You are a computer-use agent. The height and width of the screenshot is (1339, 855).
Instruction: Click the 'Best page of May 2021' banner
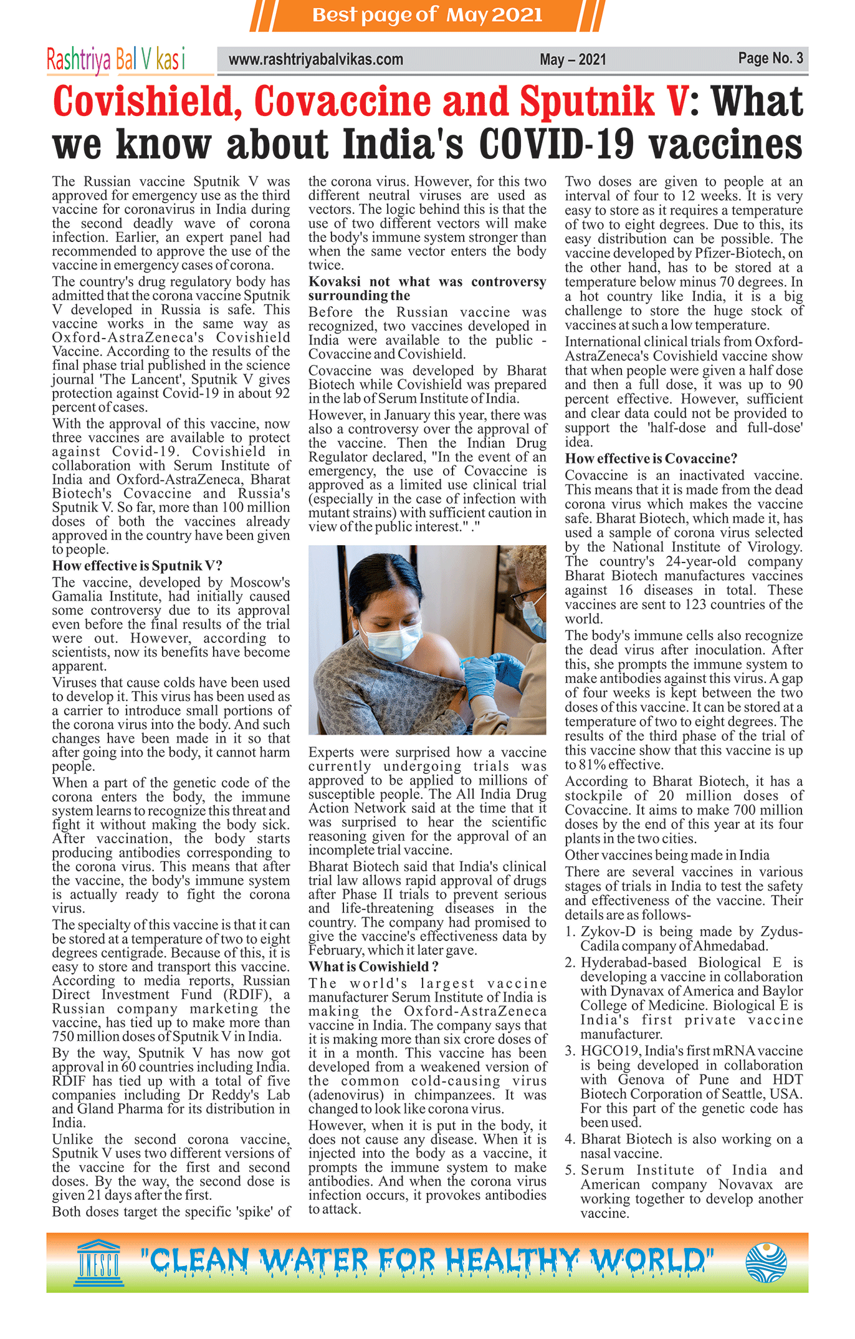pyautogui.click(x=427, y=15)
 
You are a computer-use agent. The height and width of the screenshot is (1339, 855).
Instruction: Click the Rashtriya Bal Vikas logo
pyautogui.click(x=116, y=60)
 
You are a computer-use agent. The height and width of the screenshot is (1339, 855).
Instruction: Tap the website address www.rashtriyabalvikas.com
pyautogui.click(x=316, y=60)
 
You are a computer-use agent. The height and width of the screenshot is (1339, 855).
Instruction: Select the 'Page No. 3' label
pyautogui.click(x=770, y=59)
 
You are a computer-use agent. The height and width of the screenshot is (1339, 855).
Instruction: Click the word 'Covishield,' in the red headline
pyautogui.click(x=148, y=102)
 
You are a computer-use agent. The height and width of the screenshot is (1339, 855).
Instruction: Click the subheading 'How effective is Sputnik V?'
pyautogui.click(x=137, y=566)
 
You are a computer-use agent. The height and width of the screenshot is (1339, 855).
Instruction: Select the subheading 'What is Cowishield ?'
pyautogui.click(x=373, y=967)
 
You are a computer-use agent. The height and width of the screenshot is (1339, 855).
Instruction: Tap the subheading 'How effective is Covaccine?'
pyautogui.click(x=651, y=458)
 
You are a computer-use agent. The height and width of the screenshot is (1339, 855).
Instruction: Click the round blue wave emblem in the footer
pyautogui.click(x=766, y=1262)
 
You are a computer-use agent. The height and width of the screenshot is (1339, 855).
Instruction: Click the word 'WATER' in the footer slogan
pyautogui.click(x=314, y=1262)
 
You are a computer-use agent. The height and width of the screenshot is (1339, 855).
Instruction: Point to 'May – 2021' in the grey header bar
pyautogui.click(x=573, y=60)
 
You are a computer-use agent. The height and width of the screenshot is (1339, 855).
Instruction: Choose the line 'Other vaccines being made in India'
pyautogui.click(x=667, y=855)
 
